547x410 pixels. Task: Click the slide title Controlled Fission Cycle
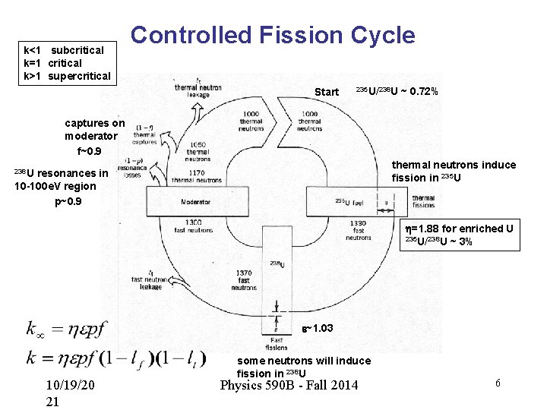pos(273,35)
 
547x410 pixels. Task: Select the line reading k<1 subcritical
pos(65,50)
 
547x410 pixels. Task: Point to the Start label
pos(327,92)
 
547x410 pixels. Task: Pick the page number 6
pos(498,383)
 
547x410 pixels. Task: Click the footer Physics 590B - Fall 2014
pos(288,385)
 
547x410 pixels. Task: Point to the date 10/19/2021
pos(69,393)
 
